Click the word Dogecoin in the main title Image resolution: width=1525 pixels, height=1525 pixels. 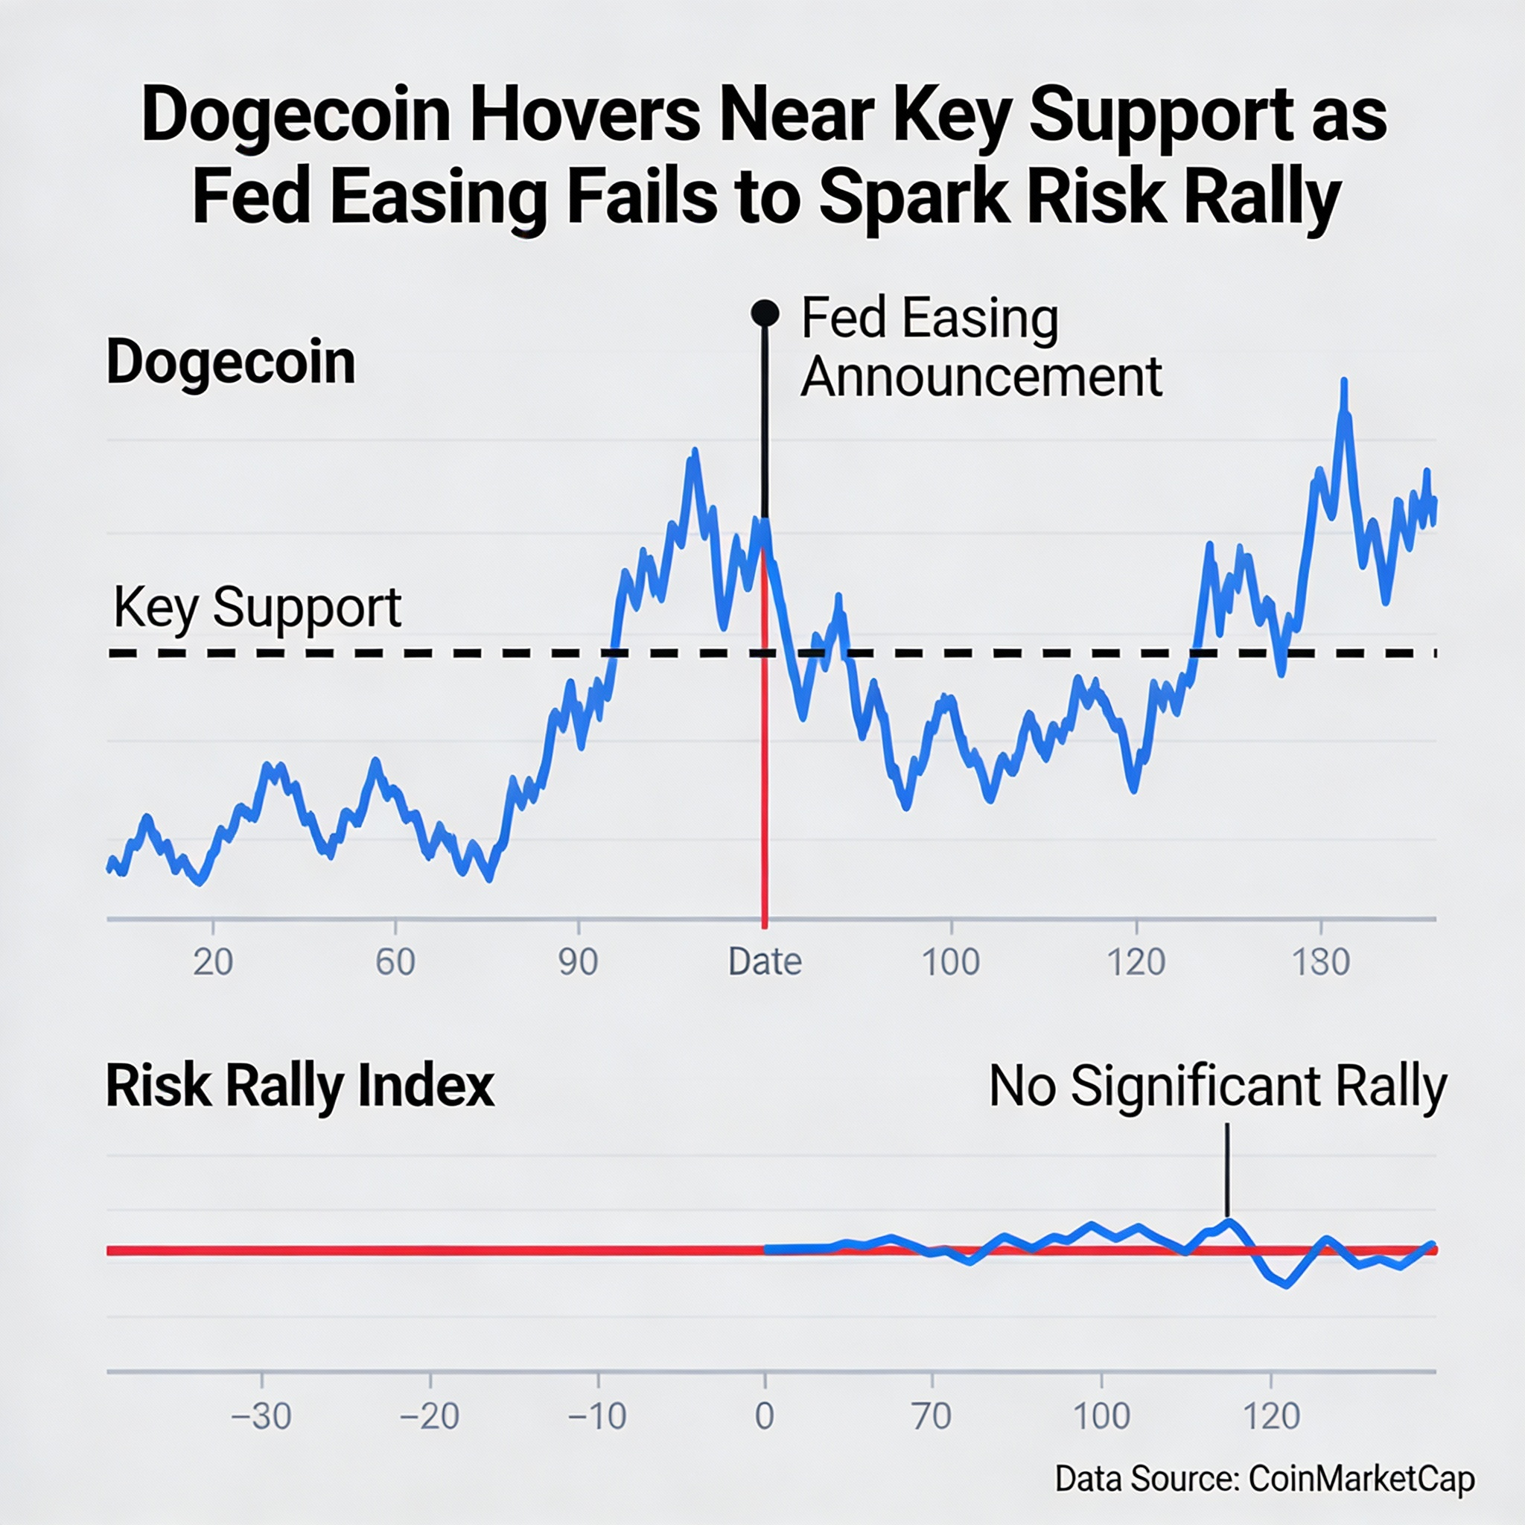click(x=295, y=116)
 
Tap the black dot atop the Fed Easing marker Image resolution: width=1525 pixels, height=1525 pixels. click(x=764, y=313)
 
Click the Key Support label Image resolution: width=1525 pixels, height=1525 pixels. click(x=258, y=608)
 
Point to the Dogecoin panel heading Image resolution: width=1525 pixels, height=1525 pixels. click(x=231, y=363)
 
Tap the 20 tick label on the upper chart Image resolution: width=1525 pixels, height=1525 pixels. click(x=213, y=962)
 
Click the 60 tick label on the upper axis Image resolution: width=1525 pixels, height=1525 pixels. click(x=395, y=962)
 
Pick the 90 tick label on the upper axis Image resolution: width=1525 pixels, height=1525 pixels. click(x=578, y=962)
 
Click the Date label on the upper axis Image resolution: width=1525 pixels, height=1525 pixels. click(x=764, y=962)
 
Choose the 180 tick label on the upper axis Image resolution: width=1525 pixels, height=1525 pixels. click(x=1320, y=962)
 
